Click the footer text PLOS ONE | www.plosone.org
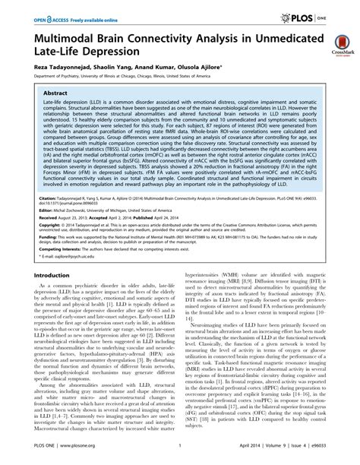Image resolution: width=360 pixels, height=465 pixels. pos(59,457)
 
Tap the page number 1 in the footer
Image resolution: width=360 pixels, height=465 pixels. pos(177,457)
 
